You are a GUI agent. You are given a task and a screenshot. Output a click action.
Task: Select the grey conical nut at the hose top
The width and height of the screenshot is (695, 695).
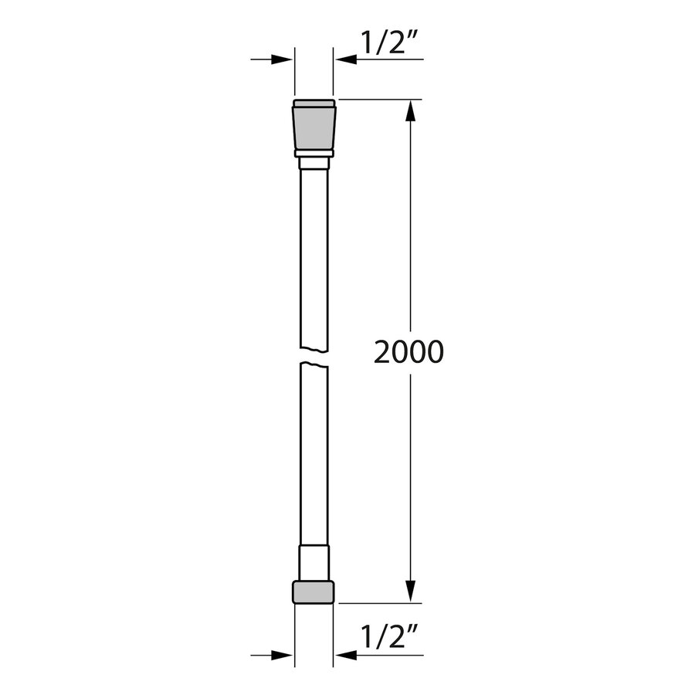(314, 125)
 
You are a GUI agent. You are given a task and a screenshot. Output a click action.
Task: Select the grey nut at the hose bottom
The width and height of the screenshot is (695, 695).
(314, 592)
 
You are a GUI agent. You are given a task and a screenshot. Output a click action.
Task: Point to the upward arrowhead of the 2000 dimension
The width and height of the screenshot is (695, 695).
(411, 112)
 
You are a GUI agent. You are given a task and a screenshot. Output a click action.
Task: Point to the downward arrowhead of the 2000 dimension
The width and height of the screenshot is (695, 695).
(411, 591)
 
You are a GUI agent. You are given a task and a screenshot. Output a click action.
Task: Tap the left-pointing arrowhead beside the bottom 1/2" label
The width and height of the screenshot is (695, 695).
(344, 656)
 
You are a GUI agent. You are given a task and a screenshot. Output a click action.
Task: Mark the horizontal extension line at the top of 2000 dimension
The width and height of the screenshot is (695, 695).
(378, 100)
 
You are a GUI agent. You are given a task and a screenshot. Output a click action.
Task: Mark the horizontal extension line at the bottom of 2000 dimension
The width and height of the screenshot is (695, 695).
(378, 603)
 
